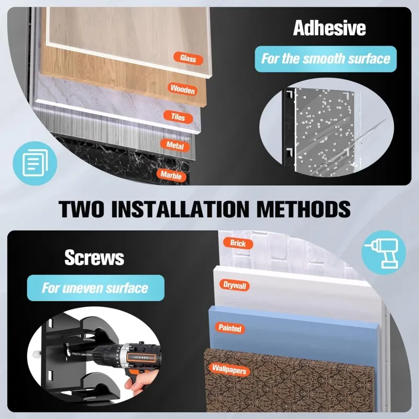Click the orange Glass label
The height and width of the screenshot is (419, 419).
pos(188,58)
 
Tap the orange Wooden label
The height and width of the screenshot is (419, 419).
pos(182,89)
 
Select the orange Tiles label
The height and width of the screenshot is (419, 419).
pos(178,117)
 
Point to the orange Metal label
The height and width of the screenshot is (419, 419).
pos(175,145)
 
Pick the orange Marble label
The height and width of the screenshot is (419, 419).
pos(171,175)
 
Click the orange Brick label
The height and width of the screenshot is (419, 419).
pos(238,243)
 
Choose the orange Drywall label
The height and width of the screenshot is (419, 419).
pos(235,285)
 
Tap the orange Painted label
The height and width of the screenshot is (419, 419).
pos(230,328)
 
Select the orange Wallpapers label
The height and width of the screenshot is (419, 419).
pos(229,370)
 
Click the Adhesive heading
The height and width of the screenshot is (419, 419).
pos(329,28)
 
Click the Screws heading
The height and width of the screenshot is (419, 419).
pos(94,257)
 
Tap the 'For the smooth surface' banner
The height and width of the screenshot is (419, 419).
pos(325,59)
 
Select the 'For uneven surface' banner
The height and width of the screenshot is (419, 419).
pos(96,288)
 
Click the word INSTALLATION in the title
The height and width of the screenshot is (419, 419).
pos(180,208)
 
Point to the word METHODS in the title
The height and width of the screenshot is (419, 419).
pos(303,208)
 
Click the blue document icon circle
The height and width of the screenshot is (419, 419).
pos(35,163)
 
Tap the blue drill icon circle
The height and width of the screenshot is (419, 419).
pos(384,252)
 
